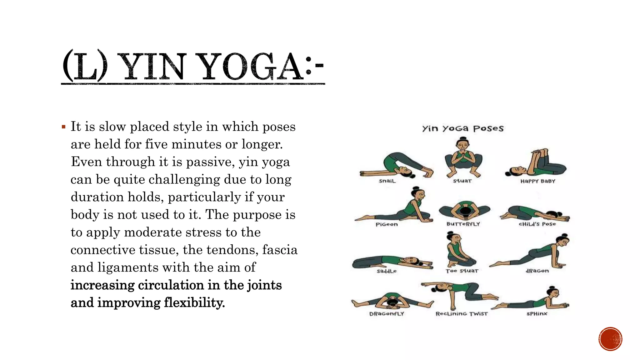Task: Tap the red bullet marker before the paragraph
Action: click(x=64, y=127)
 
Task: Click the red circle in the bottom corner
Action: click(x=610, y=339)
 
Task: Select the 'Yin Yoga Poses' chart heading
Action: click(x=463, y=128)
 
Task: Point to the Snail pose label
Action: click(x=387, y=181)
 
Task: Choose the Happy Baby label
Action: click(x=537, y=181)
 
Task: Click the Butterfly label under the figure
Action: click(x=463, y=224)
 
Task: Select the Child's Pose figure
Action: click(x=535, y=214)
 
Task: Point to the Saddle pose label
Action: click(x=387, y=271)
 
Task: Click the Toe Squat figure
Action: click(x=459, y=250)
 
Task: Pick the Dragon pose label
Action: click(x=537, y=271)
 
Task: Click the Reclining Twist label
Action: click(x=462, y=314)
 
